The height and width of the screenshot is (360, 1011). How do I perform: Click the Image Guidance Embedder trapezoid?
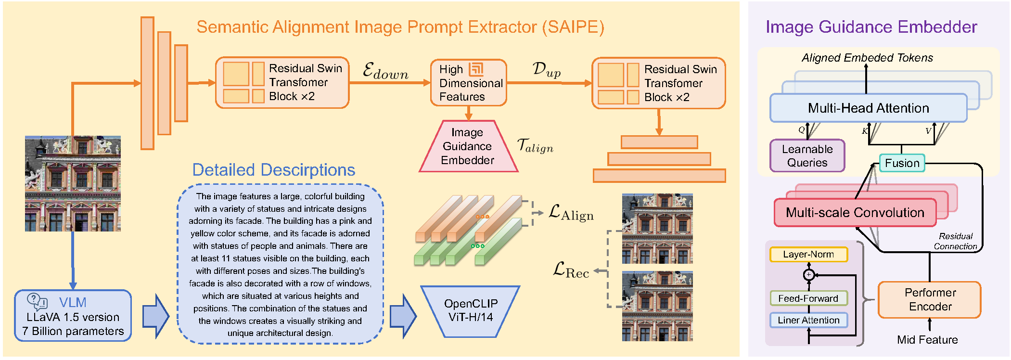coord(468,146)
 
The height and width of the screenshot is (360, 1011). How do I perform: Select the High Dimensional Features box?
coord(468,83)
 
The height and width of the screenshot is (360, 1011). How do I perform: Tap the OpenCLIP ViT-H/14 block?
coord(470,310)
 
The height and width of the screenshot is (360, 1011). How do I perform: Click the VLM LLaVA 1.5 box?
coord(73,316)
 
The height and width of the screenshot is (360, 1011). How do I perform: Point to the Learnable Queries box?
coord(807,155)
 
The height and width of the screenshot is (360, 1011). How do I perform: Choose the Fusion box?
coord(902,163)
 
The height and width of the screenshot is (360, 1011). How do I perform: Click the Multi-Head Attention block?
coord(868,108)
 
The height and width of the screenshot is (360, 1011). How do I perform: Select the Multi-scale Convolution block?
coord(855,212)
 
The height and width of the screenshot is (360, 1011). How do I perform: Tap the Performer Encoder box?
coord(930,299)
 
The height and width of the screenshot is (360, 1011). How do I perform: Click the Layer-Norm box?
coord(808,254)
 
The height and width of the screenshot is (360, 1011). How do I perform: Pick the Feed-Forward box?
coord(808,298)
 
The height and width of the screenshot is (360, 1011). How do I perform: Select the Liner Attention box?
coord(808,320)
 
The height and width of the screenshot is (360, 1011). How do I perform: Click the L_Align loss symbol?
coord(571,213)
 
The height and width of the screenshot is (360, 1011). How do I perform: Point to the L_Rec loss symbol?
coord(571,270)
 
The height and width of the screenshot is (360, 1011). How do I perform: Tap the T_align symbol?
coord(535,145)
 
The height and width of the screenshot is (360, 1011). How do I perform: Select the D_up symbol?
coord(547,70)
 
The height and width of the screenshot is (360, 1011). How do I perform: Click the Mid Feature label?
coord(927,340)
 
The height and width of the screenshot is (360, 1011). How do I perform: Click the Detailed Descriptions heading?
coord(273,170)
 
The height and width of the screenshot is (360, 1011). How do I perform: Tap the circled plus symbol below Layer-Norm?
coord(809,275)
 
